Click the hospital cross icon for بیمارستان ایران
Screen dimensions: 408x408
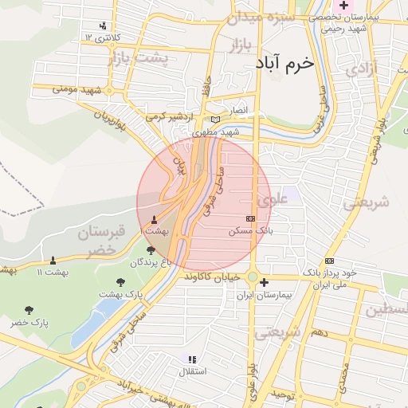click(x=265, y=282)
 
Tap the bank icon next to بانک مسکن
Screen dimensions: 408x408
click(x=250, y=218)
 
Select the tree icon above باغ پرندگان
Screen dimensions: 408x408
click(x=151, y=250)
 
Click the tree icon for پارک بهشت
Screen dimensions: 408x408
click(x=120, y=282)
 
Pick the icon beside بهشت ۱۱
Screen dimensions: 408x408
click(x=53, y=261)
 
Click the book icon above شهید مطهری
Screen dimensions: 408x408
click(x=215, y=120)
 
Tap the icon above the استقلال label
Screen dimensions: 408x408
click(x=191, y=359)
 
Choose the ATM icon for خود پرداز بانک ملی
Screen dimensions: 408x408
click(x=329, y=261)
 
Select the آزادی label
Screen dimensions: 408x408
click(x=360, y=69)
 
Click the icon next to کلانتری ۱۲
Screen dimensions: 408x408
click(x=104, y=25)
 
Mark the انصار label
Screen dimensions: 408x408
click(x=239, y=109)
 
